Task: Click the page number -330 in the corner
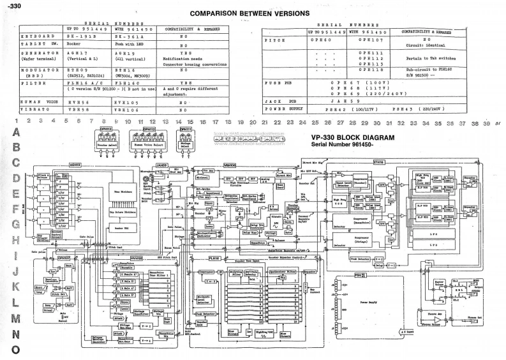11,5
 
